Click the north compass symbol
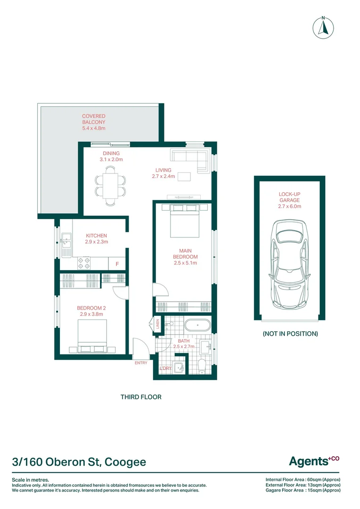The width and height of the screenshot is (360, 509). (x=323, y=27)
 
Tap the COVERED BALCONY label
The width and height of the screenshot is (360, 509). (x=93, y=119)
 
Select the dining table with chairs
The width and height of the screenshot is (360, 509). (x=110, y=186)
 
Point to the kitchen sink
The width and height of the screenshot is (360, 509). (x=66, y=245)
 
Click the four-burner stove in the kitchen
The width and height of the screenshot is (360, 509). (x=84, y=263)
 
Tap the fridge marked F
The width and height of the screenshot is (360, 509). (x=117, y=263)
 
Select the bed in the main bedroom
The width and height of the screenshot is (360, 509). (x=184, y=221)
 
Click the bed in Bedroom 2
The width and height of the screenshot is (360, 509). (x=92, y=337)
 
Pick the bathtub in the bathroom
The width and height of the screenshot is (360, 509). (x=198, y=325)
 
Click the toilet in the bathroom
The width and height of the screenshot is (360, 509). (x=202, y=366)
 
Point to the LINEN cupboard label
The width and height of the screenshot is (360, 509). (x=158, y=324)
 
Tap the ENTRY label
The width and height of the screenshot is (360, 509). (x=141, y=363)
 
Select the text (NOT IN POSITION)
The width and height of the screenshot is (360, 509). (x=290, y=334)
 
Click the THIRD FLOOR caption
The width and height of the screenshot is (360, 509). (x=141, y=397)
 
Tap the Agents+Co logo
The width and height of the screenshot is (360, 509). (x=314, y=461)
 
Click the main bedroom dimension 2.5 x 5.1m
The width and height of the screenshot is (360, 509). (x=185, y=263)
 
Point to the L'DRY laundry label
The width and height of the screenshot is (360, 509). (x=165, y=368)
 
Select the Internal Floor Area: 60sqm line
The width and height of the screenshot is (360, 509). (x=303, y=479)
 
